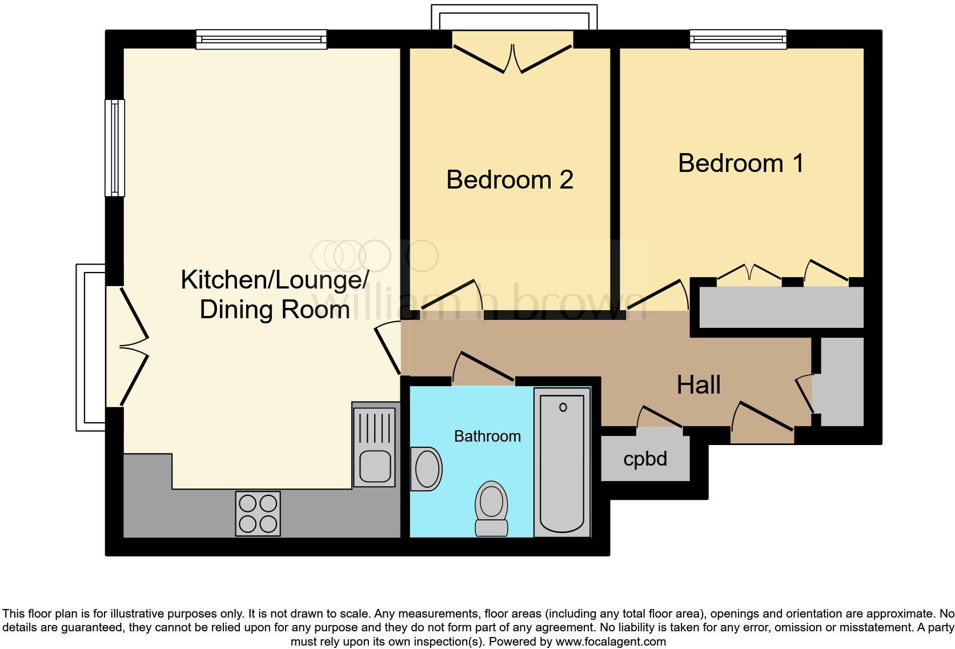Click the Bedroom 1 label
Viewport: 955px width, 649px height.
[741, 163]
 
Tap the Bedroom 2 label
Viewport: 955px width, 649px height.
[509, 179]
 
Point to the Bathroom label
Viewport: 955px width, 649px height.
[487, 436]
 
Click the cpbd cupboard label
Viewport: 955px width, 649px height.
[645, 459]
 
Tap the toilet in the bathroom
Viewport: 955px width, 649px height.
[491, 508]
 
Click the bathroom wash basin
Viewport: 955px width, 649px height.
[426, 469]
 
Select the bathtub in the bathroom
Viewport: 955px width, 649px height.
[562, 462]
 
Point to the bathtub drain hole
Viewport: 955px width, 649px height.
[563, 407]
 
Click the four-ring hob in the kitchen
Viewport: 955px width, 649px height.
[258, 514]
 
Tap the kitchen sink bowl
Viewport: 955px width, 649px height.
[375, 466]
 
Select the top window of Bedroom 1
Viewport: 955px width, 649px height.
[738, 39]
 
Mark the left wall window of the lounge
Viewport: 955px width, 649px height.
[115, 148]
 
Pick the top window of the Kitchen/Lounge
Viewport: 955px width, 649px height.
[262, 39]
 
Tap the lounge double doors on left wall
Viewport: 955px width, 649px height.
[134, 346]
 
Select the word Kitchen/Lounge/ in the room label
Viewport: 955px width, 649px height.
[275, 280]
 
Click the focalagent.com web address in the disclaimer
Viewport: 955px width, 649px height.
[611, 642]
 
